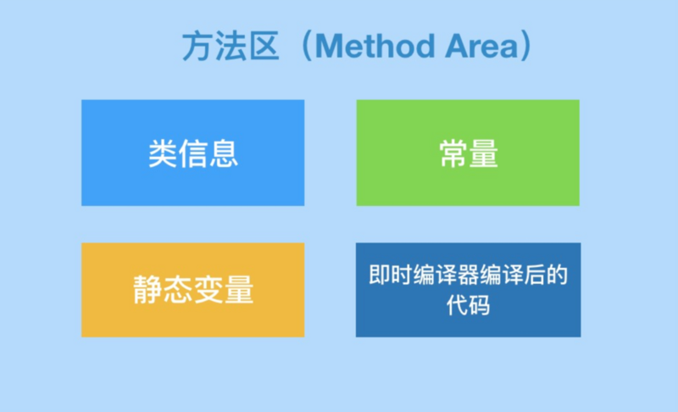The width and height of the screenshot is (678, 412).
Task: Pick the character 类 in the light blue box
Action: pos(163,153)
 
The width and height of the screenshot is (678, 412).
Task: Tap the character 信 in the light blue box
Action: pos(193,153)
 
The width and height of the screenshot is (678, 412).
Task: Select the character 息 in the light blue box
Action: pos(224,153)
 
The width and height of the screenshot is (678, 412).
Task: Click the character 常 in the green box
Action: pos(453,153)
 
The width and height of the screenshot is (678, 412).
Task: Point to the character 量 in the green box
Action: pos(484,153)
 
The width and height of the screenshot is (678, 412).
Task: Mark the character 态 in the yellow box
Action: pos(178,290)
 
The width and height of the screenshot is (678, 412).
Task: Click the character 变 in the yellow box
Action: pos(208,290)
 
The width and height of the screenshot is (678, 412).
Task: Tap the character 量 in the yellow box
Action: pos(239,290)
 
